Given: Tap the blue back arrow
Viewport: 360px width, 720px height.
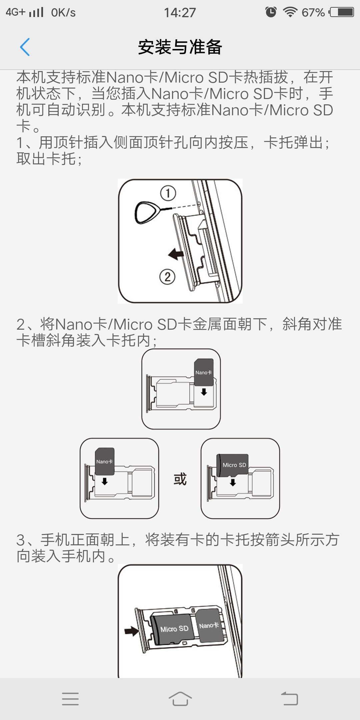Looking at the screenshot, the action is point(25,47).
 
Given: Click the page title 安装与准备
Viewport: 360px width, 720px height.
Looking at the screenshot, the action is point(180,47).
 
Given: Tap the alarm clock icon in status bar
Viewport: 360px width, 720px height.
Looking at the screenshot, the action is point(271,12).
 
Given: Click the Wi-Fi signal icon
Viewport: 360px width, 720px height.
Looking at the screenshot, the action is point(290,12).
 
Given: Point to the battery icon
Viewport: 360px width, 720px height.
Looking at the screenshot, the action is point(341,12).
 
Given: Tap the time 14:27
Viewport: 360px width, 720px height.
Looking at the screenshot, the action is point(180,13).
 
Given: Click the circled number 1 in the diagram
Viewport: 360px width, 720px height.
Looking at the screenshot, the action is point(168,193).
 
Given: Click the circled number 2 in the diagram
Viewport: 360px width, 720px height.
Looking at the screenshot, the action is point(167,277).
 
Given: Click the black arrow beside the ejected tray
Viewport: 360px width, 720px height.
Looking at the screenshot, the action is point(176,254).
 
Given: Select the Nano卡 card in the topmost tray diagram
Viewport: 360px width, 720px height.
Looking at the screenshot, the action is point(204,372).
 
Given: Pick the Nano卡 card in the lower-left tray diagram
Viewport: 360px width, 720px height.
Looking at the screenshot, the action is point(105,461).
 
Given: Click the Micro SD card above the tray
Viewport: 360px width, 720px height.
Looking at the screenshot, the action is point(233,465).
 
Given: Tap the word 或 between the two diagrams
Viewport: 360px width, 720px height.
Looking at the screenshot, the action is point(180,479).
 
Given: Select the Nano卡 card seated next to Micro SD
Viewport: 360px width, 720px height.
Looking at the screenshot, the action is point(209,625).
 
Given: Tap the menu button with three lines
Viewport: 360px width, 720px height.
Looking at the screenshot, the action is point(70,699).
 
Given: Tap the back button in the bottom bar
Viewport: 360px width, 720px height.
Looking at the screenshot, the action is point(289,698).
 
